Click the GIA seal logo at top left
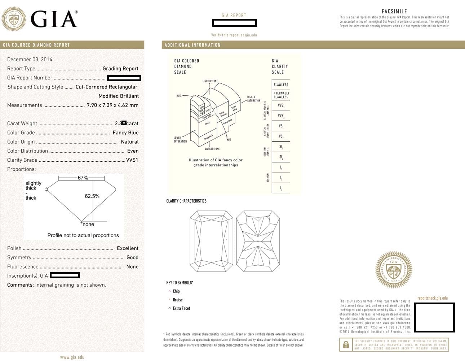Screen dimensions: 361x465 14,19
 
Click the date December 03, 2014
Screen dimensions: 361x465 30,59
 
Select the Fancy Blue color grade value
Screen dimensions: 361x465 125,132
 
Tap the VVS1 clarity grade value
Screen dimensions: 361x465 132,160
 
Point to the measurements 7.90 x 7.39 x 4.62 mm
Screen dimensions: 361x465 112,105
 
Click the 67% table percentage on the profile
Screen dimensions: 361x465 83,178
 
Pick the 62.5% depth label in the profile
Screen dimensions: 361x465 92,196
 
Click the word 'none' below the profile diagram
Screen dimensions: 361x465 88,224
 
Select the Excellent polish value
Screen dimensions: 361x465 128,248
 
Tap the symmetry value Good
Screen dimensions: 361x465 132,257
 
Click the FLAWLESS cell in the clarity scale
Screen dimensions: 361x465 281,85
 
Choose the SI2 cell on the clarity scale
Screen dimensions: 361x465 281,157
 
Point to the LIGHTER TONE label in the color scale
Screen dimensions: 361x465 210,81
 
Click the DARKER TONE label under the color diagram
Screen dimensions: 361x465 212,149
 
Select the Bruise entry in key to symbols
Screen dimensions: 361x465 178,300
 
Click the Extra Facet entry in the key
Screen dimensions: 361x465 181,308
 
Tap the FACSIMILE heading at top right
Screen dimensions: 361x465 394,11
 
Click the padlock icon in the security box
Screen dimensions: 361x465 346,344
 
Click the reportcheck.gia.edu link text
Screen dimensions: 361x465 432,298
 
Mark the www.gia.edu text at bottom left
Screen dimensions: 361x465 72,357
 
